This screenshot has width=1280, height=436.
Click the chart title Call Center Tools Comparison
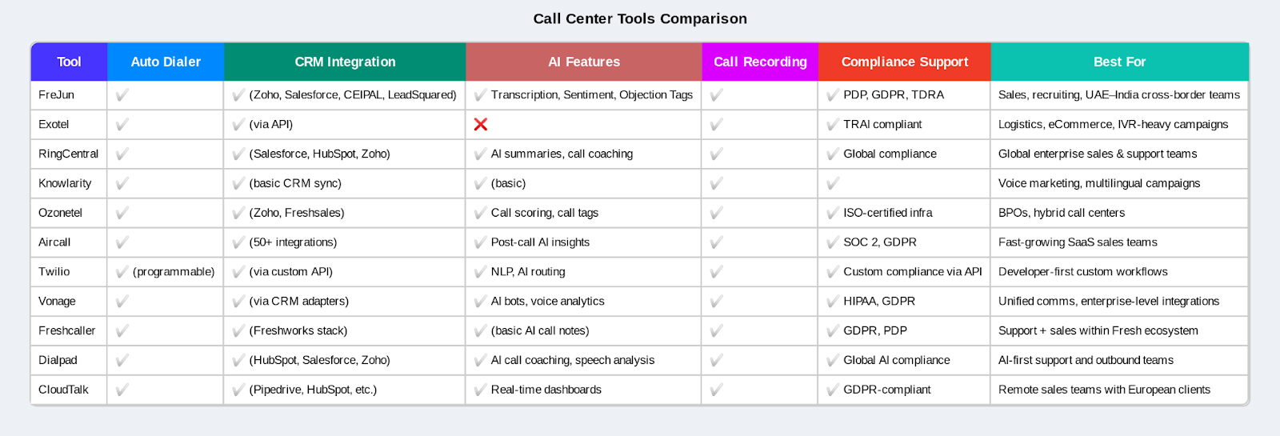640,18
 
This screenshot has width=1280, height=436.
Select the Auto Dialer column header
166,62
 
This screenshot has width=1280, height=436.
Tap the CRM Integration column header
345,62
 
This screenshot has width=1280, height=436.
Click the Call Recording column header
760,62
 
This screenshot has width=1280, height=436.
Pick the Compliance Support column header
904,62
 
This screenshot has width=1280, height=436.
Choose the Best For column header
1119,62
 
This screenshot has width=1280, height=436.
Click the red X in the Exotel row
481,124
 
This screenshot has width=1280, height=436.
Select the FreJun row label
56,94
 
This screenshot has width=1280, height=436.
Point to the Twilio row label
54,271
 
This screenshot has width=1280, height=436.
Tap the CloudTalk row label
63,390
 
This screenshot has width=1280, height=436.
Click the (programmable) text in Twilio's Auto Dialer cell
174,271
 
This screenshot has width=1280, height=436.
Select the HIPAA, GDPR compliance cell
878,301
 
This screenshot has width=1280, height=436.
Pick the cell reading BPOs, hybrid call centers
1061,213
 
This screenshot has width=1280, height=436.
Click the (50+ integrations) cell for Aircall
293,242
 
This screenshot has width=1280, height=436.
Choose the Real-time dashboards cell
546,390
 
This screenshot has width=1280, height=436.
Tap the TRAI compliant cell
882,124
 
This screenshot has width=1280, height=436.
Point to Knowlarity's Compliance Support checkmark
833,183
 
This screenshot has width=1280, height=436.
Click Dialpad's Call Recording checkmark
716,360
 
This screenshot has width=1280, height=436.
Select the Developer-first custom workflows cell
1082,271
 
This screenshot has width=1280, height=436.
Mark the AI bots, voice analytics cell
547,301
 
